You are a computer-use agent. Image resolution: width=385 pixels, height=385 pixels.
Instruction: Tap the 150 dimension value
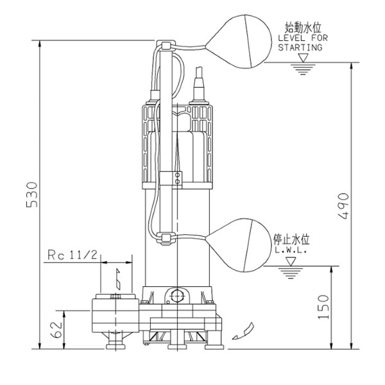coord(323,307)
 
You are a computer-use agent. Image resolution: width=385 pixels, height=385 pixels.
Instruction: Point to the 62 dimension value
coord(56,329)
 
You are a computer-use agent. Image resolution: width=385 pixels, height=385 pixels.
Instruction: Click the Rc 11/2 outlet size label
coord(73,255)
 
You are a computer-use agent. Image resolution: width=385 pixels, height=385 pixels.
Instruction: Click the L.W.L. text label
coord(291,251)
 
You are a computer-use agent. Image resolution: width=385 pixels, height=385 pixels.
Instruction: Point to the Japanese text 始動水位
coord(302,28)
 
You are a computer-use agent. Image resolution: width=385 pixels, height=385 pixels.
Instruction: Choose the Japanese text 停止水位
coord(292,240)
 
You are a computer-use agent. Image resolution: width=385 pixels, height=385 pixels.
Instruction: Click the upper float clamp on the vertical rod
coord(164,46)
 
